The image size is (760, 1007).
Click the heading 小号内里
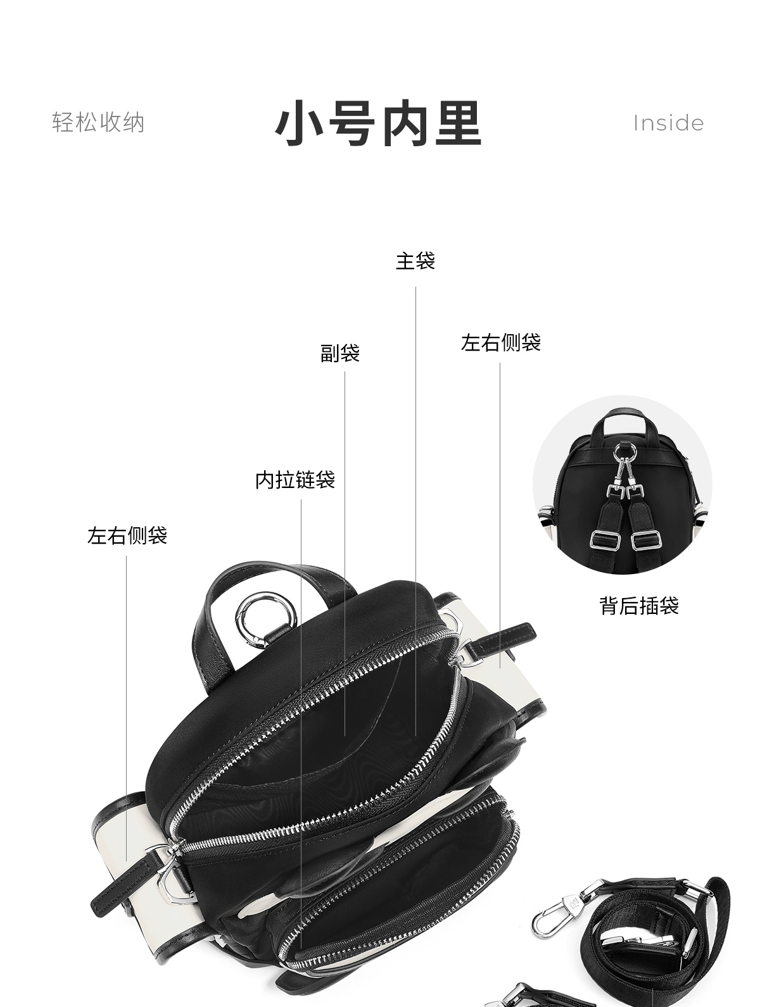click(379, 123)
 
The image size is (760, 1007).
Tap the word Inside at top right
click(668, 123)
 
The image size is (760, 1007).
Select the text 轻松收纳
click(98, 123)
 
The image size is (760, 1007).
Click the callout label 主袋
click(415, 261)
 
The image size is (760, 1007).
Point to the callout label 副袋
click(340, 353)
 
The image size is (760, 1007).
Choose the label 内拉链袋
click(295, 480)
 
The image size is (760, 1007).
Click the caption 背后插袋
click(638, 606)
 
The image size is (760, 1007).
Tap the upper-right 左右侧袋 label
click(500, 342)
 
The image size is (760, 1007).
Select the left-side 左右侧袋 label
click(127, 535)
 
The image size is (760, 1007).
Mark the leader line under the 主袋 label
click(416, 506)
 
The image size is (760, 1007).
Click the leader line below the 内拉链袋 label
click(301, 696)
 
